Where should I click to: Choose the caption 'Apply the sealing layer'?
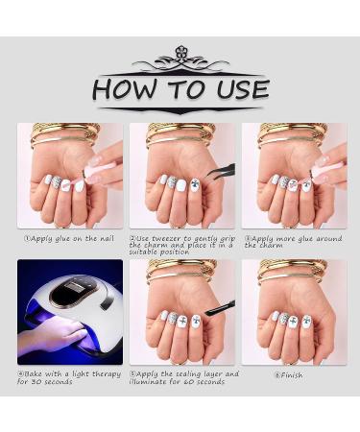pyautogui.click(x=184, y=377)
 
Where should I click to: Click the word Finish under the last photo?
pyautogui.click(x=291, y=375)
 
